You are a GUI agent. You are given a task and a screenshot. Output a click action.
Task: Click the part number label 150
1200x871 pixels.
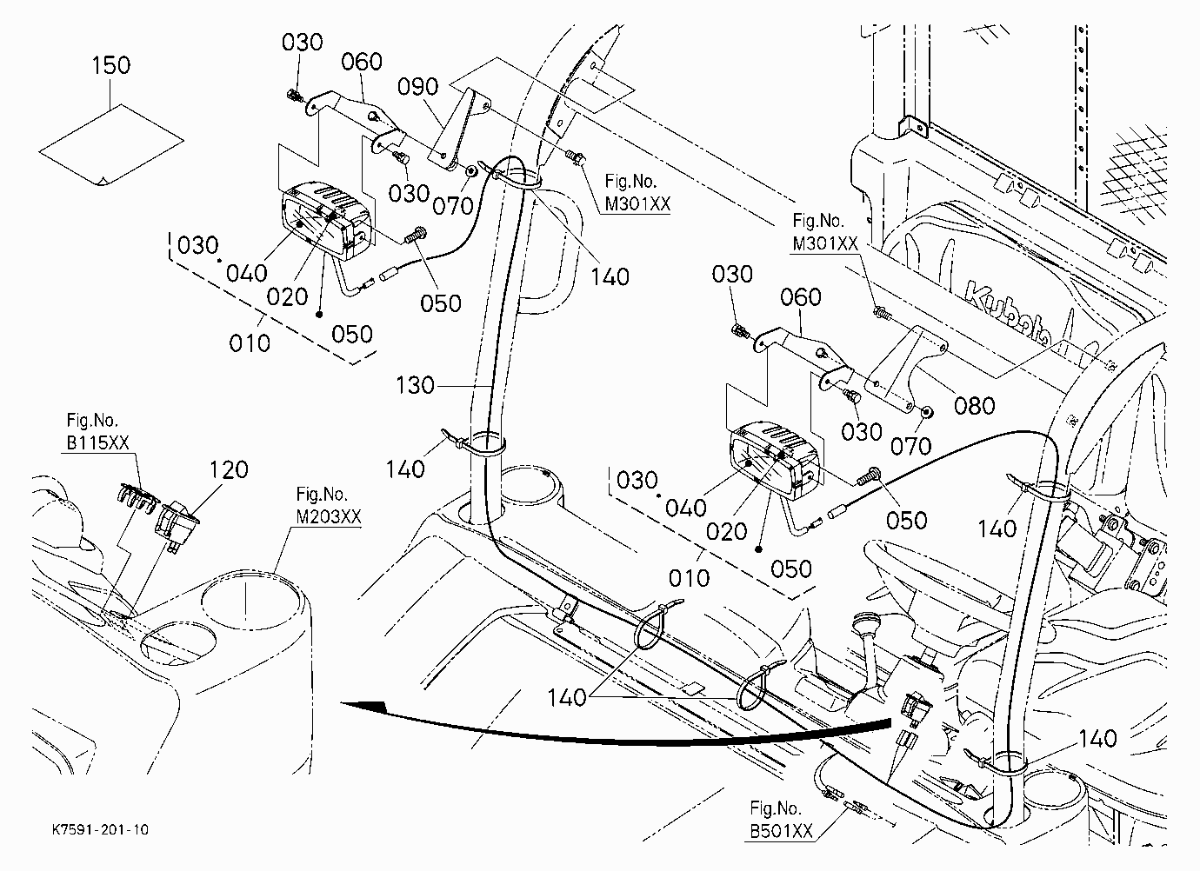coord(111,65)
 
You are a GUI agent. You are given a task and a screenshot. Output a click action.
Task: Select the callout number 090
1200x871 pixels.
coord(418,86)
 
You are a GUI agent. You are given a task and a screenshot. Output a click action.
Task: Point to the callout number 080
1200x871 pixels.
coord(975,406)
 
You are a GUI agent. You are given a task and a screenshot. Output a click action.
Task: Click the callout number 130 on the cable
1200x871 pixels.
coord(415,386)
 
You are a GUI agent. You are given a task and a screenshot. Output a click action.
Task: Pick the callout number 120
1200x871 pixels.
coord(229,469)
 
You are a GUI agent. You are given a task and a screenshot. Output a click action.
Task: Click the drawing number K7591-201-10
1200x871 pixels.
coord(100,830)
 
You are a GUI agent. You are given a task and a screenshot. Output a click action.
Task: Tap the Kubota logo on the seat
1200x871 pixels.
coord(1007,312)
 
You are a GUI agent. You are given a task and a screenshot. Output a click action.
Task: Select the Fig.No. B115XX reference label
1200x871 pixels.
coord(97,431)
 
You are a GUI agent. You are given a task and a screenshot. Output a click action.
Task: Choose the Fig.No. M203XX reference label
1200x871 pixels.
coord(329,505)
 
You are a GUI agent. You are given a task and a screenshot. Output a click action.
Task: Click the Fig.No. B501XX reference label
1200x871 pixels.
coord(781,819)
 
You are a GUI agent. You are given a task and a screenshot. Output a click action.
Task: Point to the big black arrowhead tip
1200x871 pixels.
coord(341,702)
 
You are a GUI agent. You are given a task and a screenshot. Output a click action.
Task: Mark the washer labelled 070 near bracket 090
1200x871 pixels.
coord(472,171)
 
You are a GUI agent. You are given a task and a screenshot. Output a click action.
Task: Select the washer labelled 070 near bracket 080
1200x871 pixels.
coord(926,413)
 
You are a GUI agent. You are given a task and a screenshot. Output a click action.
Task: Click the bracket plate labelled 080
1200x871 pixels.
coord(905,369)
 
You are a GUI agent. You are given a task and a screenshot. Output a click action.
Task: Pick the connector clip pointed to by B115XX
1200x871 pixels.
coord(137,495)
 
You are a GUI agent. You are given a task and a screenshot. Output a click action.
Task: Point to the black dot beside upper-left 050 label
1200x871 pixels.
coord(319,315)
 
